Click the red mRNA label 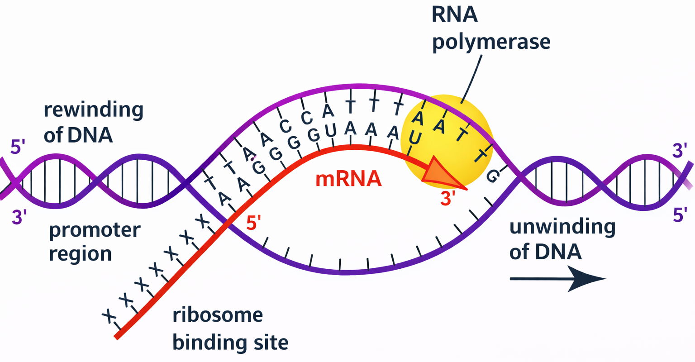[348, 179]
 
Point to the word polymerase [491, 42]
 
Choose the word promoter [95, 230]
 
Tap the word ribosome [218, 315]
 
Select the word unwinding [562, 226]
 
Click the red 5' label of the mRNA [253, 223]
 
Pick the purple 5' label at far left [18, 147]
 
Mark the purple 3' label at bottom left [19, 218]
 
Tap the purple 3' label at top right [680, 150]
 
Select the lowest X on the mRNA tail [109, 316]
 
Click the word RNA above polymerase [455, 14]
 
